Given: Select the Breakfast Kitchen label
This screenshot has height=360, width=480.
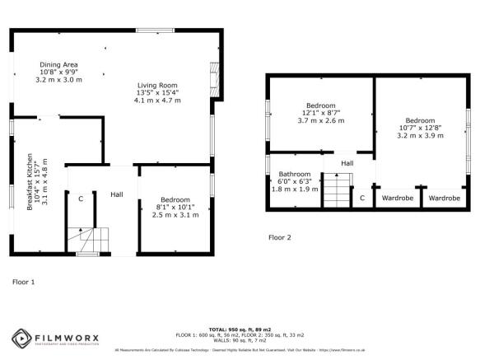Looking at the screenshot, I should click(x=30, y=181).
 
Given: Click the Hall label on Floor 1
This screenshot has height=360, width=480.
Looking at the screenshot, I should click(x=118, y=194).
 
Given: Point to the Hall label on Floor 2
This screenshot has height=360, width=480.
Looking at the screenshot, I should click(x=347, y=164).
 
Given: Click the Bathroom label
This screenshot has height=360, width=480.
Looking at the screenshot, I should click(x=294, y=175).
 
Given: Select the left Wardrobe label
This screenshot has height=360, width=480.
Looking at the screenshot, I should click(x=396, y=198).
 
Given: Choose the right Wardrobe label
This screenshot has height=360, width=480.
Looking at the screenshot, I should click(x=445, y=198).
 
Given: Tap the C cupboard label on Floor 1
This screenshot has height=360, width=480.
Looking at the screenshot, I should click(x=80, y=199).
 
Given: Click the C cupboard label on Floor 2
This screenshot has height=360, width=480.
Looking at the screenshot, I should click(x=362, y=198).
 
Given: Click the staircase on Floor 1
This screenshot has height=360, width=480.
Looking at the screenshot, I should click(x=87, y=240).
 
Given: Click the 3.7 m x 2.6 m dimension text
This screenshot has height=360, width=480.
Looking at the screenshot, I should click(x=320, y=121).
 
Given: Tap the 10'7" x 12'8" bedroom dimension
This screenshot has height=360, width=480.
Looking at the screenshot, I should click(x=420, y=126).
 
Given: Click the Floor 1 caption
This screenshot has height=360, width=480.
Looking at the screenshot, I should click(x=23, y=282).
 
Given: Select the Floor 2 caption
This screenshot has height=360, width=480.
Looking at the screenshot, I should click(x=280, y=237).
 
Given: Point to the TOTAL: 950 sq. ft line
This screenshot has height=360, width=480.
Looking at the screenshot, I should click(x=240, y=329).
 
